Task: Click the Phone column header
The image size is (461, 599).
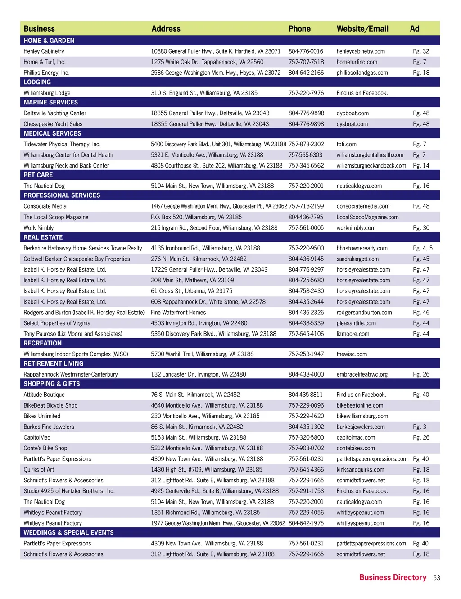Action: tap(299, 29)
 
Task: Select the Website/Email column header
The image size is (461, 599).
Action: tap(362, 29)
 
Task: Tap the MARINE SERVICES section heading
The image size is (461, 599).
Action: tap(51, 103)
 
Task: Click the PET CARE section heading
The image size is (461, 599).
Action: tap(38, 175)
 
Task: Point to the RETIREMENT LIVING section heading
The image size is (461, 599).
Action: tap(54, 363)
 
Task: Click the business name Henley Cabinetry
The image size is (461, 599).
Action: tap(44, 51)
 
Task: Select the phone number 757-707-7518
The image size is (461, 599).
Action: tap(306, 62)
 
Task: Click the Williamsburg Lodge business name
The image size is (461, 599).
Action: tap(47, 93)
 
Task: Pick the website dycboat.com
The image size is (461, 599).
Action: tap(353, 113)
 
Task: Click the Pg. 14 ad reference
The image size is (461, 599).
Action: tap(421, 166)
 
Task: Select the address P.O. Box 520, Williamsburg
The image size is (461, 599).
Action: tap(196, 217)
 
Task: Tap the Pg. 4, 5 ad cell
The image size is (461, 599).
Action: tap(423, 248)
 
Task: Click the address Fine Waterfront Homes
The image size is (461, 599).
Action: tap(178, 313)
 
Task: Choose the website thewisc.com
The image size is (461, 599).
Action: tap(352, 354)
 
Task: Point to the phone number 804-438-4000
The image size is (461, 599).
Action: tap(306, 374)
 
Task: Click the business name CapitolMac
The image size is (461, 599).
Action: tap(37, 438)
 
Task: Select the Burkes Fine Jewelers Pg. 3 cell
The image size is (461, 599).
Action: tap(420, 427)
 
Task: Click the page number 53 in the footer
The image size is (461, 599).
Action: tap(437, 578)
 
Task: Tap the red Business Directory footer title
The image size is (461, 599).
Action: tap(393, 577)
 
